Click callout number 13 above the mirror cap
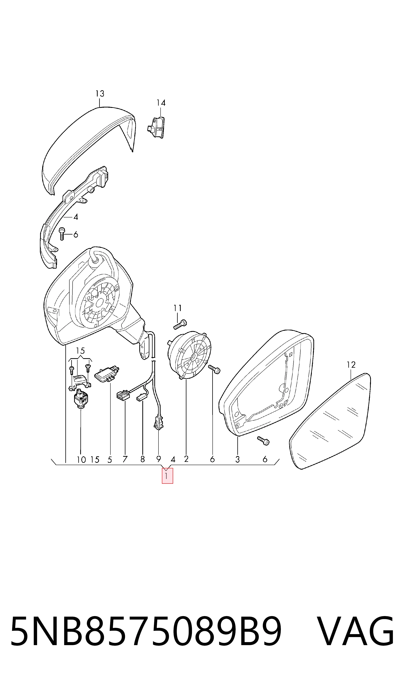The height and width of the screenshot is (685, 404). click(100, 94)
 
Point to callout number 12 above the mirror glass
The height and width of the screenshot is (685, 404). click(351, 365)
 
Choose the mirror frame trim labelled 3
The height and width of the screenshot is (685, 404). click(267, 384)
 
